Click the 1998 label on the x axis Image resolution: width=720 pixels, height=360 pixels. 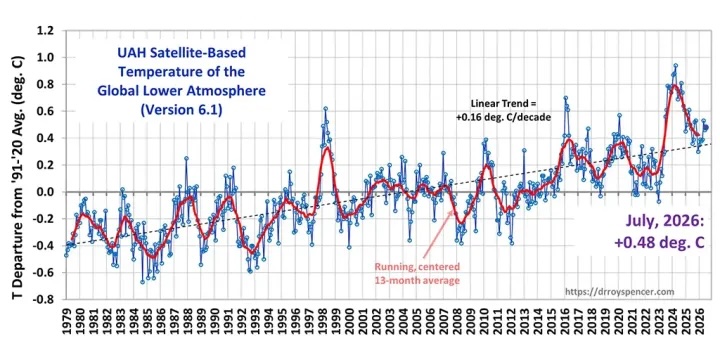coord(326,317)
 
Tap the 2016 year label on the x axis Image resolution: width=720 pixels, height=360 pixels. coord(564,317)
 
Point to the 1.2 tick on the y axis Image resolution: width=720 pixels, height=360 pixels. coord(45,31)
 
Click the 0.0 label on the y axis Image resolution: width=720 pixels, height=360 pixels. coord(45,192)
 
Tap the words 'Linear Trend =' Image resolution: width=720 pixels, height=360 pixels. coord(504,104)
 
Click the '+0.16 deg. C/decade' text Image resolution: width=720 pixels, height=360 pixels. coord(503,117)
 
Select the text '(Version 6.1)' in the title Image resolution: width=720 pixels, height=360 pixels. coord(181,110)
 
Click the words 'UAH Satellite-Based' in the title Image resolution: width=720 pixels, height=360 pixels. coord(181,53)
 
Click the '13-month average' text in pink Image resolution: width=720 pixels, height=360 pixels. coord(417,281)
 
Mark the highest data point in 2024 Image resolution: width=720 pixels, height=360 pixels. coord(675,65)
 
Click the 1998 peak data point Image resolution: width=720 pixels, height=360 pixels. coord(326,108)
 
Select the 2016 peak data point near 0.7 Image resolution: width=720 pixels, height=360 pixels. coord(566,98)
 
